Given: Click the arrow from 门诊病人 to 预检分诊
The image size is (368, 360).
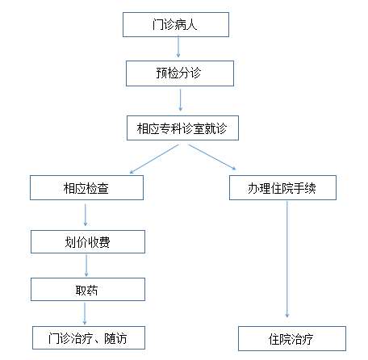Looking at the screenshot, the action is pyautogui.click(x=178, y=47).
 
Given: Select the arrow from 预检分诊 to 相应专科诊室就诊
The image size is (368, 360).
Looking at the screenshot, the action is pyautogui.click(x=180, y=100).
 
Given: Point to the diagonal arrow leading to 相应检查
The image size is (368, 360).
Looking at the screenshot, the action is pyautogui.click(x=154, y=159).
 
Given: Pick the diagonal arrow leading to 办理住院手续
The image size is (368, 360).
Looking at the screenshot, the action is pyautogui.click(x=212, y=157).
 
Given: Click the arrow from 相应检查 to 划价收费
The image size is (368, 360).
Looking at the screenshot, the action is pyautogui.click(x=86, y=215).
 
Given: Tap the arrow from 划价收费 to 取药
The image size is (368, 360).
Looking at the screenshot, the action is pyautogui.click(x=86, y=266).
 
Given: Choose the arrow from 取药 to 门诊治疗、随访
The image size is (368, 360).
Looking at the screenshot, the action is pyautogui.click(x=85, y=314).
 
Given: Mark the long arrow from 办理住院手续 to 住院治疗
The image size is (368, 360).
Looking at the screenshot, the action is pyautogui.click(x=287, y=259).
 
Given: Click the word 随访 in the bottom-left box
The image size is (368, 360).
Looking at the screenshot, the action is pyautogui.click(x=115, y=338).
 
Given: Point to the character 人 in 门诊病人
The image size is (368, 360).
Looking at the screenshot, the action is pyautogui.click(x=191, y=25).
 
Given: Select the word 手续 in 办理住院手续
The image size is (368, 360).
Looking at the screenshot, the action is pyautogui.click(x=305, y=188).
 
